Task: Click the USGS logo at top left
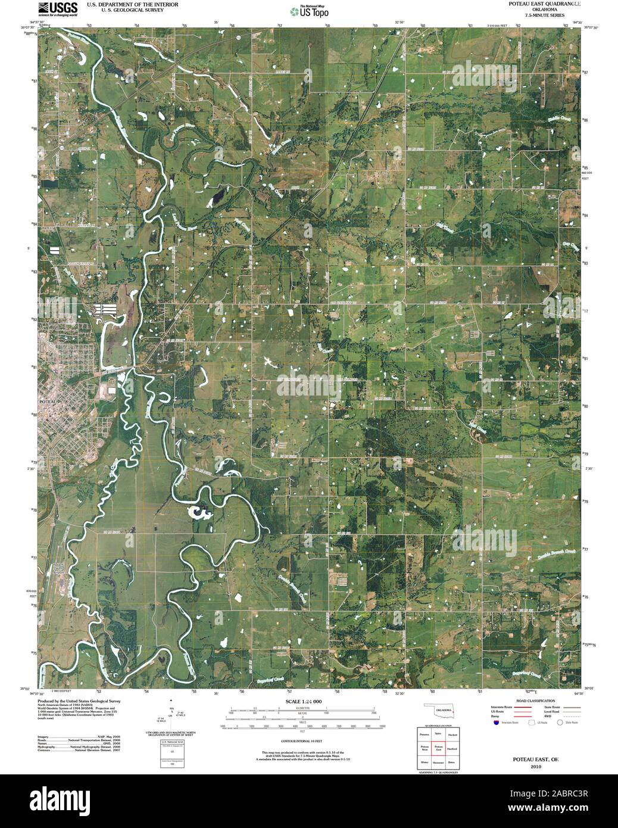click(x=57, y=8)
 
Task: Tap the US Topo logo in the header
click(x=309, y=11)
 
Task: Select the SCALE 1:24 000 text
click(x=303, y=702)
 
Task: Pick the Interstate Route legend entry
click(x=502, y=706)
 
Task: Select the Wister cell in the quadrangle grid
click(x=424, y=762)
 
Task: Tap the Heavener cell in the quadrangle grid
click(x=438, y=762)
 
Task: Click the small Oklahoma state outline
click(x=441, y=711)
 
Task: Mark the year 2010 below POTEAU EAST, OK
click(x=536, y=767)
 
